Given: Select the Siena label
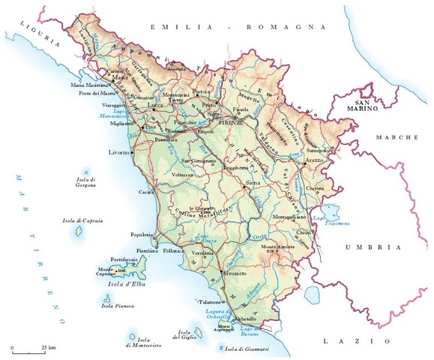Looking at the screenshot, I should coord(256,181).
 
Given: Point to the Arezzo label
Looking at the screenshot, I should coord(313,160).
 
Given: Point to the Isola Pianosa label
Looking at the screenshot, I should coord(117,306).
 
